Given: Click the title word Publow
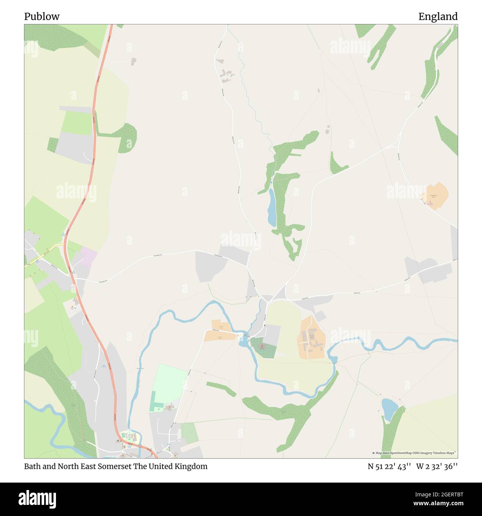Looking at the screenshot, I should pos(42,17).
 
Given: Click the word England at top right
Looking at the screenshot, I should pos(438,17).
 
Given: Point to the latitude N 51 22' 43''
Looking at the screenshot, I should pos(389,467).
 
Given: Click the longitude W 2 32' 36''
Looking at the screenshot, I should pos(437,467).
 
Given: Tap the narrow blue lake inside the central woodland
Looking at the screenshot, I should pos(272,208).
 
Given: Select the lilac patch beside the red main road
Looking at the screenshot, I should pos(88,256).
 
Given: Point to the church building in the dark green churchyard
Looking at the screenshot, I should pos(262,346).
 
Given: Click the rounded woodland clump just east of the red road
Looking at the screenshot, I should pos(126,138).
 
